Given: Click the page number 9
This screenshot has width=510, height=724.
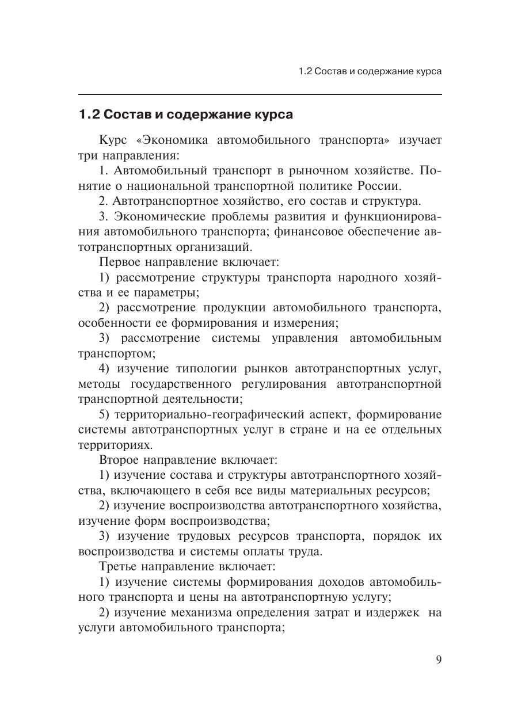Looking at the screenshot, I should point(439,660).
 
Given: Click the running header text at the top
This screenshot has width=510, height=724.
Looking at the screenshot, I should point(370,72).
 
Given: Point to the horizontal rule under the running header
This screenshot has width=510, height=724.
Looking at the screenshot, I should point(260,94).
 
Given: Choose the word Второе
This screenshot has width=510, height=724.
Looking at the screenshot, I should point(120,460).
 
